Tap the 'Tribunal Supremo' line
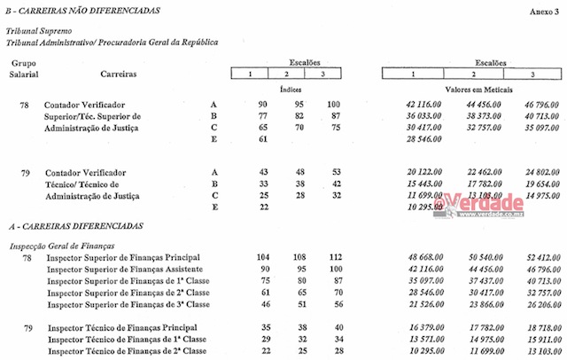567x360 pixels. click(37, 30)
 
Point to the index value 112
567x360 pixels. click(333, 257)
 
